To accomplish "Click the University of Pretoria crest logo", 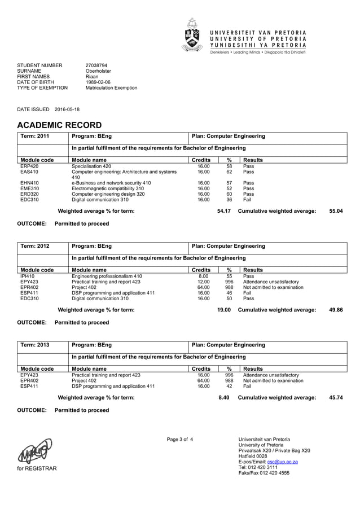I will [192, 35].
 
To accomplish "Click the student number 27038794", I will [96, 65].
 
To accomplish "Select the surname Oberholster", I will [98, 71].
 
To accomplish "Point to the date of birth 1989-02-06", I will [98, 82].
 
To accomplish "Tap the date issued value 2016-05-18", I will [67, 109].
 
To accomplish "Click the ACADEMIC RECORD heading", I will [59, 125].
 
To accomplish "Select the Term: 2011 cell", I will [35, 137].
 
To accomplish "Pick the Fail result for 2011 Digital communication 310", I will [247, 200].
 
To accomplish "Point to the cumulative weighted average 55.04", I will [336, 211].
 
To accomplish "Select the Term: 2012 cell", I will [35, 246].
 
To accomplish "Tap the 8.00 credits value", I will [203, 277].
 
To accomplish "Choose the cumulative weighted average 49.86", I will [336, 310].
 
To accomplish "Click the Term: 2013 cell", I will [35, 345].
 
